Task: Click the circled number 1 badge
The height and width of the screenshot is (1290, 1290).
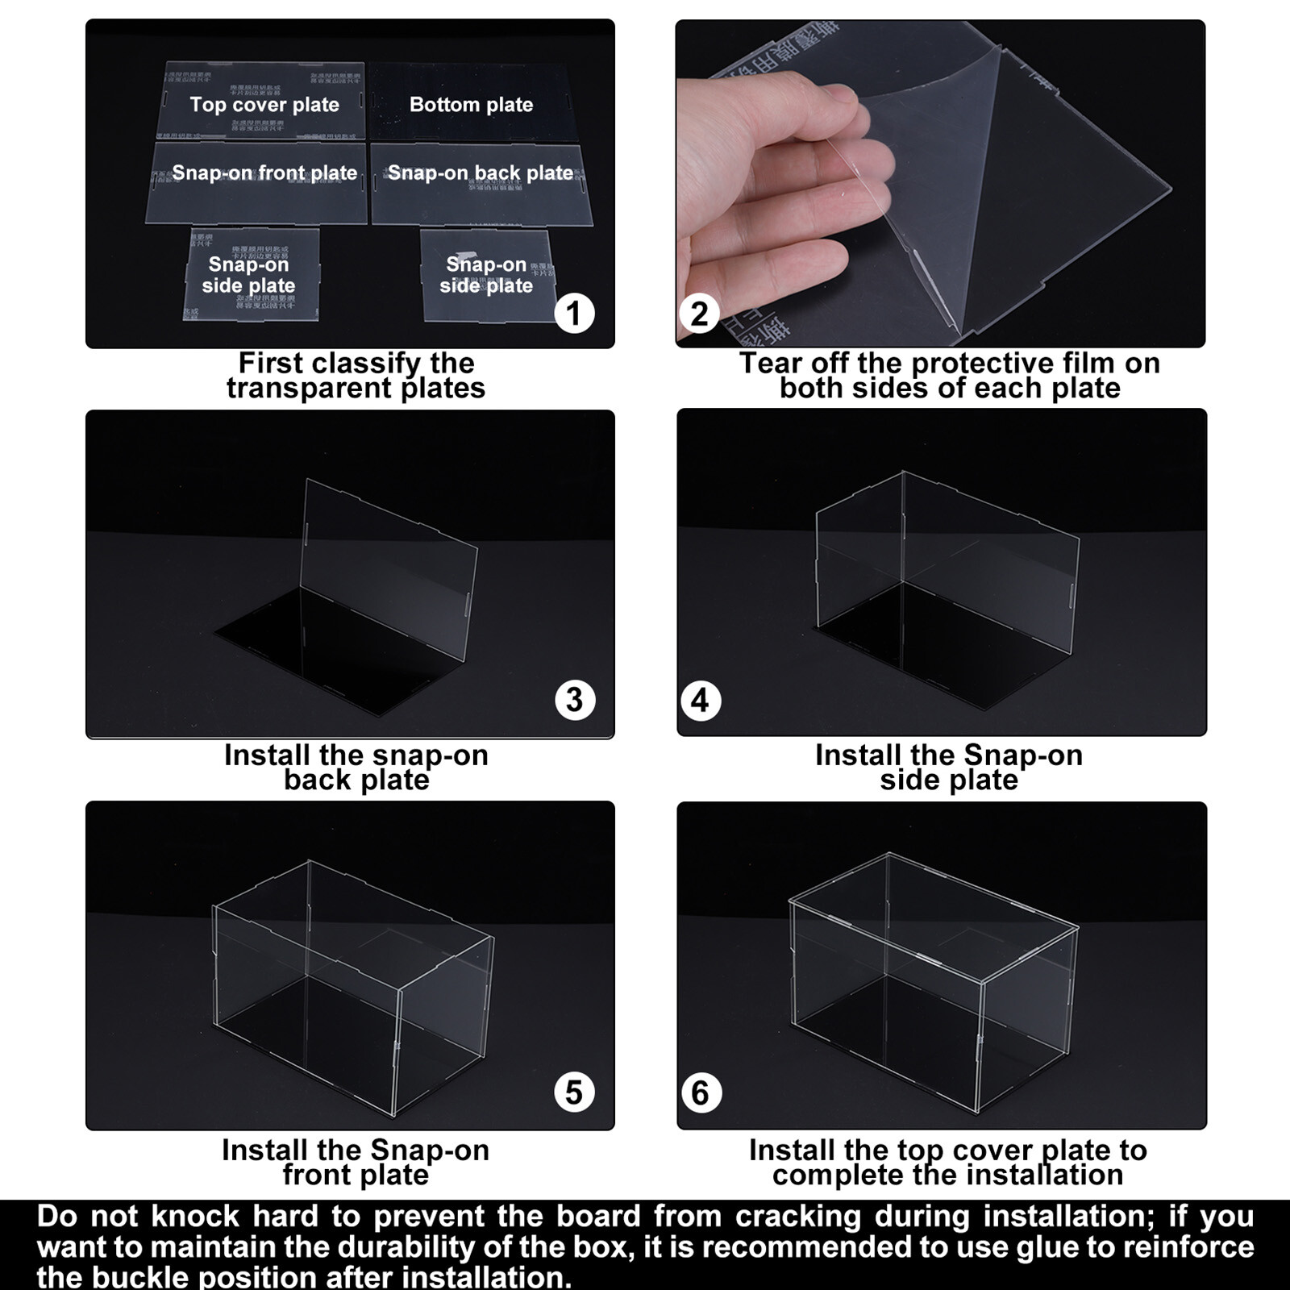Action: click(574, 313)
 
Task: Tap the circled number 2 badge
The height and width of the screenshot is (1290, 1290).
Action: click(699, 313)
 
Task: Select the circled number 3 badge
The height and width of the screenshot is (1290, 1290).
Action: click(574, 700)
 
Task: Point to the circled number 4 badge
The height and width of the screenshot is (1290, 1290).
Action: click(700, 701)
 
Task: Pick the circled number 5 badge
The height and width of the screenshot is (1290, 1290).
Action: click(574, 1092)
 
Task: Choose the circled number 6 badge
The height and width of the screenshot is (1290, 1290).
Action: click(700, 1093)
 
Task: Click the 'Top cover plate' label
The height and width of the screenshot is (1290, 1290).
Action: click(264, 105)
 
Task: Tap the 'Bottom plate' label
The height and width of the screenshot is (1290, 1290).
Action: click(471, 105)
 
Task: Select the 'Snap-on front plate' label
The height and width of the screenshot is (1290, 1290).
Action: click(264, 173)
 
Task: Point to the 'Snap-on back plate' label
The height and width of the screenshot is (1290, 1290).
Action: click(481, 173)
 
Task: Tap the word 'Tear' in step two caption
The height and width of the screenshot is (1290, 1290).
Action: click(771, 364)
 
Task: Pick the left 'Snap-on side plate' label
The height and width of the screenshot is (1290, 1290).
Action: click(248, 275)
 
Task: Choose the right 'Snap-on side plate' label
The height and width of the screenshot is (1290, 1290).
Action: click(486, 275)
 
